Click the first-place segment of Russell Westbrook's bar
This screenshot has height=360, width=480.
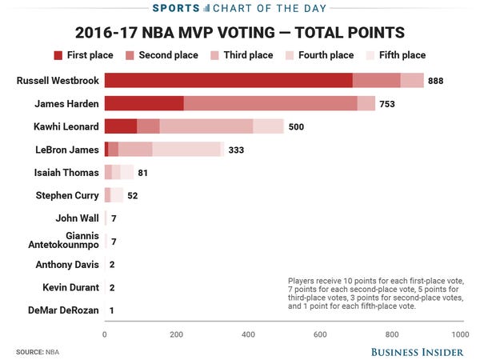click(x=228, y=80)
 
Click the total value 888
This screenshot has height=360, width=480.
click(x=436, y=81)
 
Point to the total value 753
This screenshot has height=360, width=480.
click(x=387, y=104)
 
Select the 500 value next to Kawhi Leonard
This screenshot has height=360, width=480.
click(x=296, y=127)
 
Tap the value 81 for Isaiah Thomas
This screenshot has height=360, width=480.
click(x=143, y=173)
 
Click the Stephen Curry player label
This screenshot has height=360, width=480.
click(x=67, y=195)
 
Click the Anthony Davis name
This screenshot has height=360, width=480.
click(x=67, y=265)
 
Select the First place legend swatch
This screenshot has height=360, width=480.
click(x=58, y=55)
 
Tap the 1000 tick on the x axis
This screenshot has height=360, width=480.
click(x=459, y=334)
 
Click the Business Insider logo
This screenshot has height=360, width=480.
click(x=416, y=352)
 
